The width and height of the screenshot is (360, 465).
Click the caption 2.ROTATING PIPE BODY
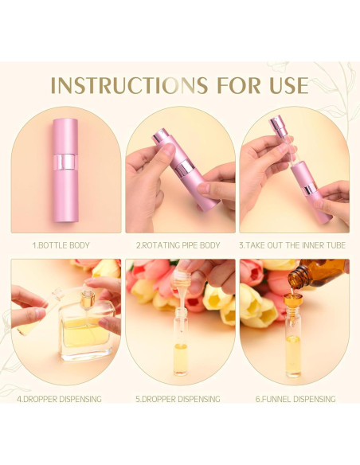tap(180, 245)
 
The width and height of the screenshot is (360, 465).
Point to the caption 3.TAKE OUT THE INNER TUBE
tap(295, 245)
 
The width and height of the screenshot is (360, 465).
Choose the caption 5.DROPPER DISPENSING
tap(180, 399)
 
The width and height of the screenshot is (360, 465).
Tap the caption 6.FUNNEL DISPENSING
tap(295, 399)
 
